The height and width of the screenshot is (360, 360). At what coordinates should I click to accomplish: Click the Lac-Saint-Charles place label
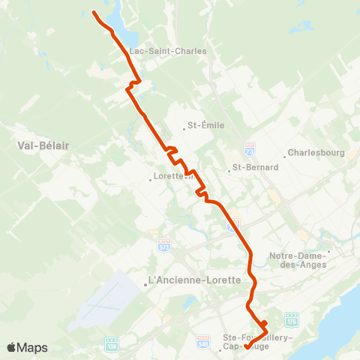click(x=168, y=51)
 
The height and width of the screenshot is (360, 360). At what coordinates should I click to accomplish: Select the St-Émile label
click(x=205, y=125)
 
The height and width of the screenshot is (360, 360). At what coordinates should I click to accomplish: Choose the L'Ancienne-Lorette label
click(x=194, y=280)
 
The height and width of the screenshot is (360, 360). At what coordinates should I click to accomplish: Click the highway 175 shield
click(x=292, y=318)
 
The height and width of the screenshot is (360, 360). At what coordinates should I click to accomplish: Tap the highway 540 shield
click(x=202, y=340)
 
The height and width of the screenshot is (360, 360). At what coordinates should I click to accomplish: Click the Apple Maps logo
click(x=27, y=347)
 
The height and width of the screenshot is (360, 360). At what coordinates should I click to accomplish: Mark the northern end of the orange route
click(x=94, y=13)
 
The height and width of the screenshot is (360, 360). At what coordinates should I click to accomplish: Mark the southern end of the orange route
click(x=247, y=346)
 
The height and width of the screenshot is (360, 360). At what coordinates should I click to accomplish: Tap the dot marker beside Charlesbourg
click(x=284, y=157)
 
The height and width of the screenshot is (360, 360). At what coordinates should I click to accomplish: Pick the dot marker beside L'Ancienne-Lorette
click(x=145, y=284)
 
